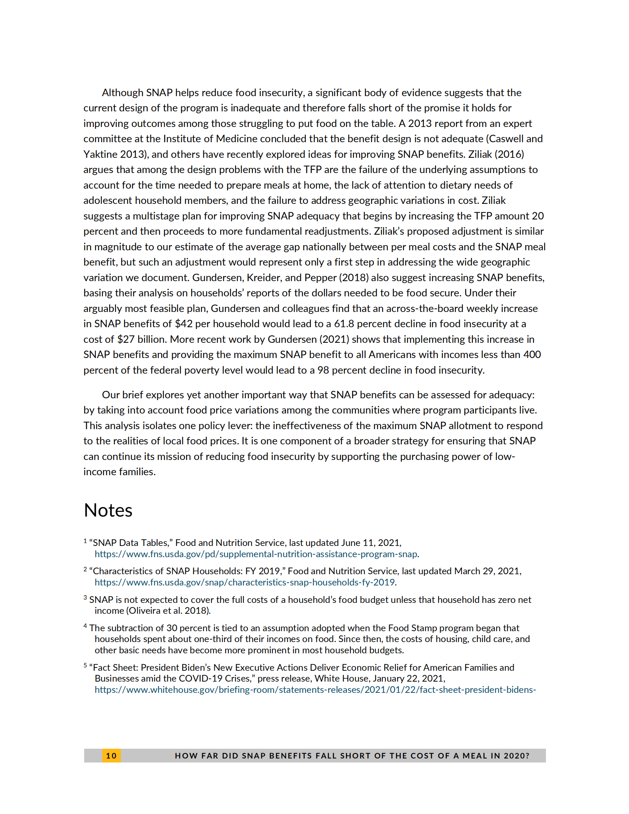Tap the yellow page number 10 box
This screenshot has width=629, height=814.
111,756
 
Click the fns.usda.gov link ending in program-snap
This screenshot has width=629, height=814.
256,554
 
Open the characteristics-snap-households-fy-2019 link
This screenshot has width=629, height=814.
244,582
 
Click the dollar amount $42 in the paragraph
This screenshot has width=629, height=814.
184,324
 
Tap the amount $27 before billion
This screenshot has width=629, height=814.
126,339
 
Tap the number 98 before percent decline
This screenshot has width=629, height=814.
323,370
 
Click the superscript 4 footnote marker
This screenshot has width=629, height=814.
85,626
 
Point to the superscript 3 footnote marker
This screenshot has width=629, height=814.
85,598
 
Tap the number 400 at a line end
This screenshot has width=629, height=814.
532,354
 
